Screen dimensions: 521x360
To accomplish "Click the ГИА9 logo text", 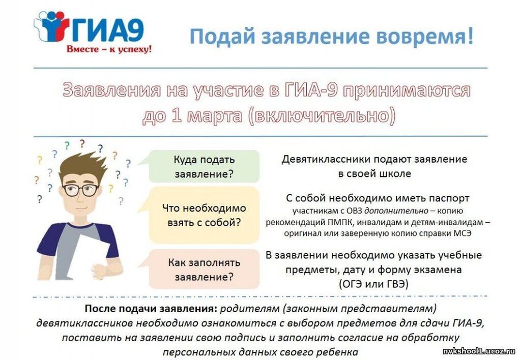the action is point(108,30).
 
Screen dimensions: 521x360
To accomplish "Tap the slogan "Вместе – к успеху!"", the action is point(109,49).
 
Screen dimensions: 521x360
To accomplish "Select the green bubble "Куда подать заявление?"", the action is point(204,166).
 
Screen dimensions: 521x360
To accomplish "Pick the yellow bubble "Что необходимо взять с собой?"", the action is point(204,215).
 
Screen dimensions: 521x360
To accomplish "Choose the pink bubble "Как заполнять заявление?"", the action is point(204,269).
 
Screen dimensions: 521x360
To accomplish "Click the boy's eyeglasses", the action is point(81,190).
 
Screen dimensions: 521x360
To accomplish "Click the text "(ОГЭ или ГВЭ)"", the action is point(373,284).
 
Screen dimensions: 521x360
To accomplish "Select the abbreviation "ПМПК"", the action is point(338,222).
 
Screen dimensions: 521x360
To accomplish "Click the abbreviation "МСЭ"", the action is point(462,233).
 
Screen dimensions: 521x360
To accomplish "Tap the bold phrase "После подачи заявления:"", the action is point(151,309).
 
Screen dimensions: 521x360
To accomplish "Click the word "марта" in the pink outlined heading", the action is point(215,116).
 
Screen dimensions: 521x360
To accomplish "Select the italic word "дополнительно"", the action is point(396,211).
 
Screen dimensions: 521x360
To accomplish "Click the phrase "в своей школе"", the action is point(374,174).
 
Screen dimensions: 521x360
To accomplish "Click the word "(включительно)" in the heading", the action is point(322,116).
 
